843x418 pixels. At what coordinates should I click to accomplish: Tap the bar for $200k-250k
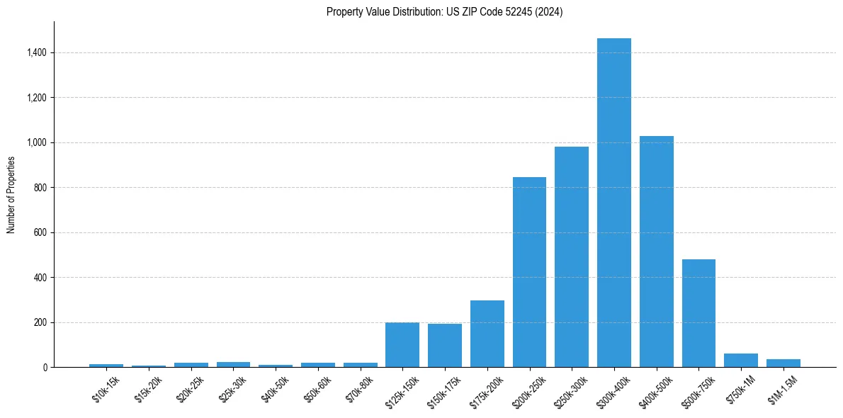pos(529,272)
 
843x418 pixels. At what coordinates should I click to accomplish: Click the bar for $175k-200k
pos(487,334)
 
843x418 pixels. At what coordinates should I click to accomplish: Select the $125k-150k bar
pos(402,345)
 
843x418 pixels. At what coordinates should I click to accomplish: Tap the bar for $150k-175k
pos(444,346)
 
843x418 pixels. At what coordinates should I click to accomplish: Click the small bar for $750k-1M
pos(741,361)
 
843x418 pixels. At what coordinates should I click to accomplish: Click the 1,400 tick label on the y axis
pos(37,53)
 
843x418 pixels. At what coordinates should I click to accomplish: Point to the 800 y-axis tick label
pos(40,188)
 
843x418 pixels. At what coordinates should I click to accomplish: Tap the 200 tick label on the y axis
pos(40,322)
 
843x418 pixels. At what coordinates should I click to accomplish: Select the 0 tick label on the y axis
pos(45,368)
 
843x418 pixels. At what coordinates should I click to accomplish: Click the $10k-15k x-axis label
pos(107,388)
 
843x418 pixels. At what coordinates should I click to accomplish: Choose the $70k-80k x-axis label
pos(360,388)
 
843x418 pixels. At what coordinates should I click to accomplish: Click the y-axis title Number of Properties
pos(11,195)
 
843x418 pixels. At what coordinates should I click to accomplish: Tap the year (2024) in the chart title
pos(549,12)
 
